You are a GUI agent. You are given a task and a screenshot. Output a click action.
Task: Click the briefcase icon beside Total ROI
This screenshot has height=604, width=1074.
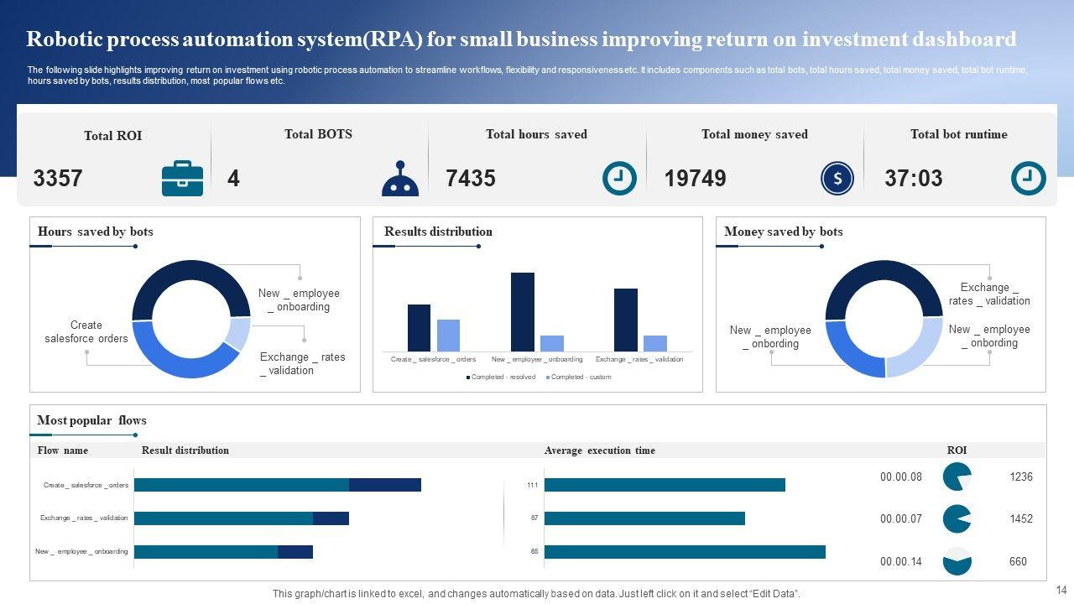[182, 179]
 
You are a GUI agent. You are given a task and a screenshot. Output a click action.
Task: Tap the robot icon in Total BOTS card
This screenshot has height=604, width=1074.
[400, 179]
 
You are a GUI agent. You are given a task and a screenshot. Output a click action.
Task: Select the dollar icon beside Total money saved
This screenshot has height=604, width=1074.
[837, 179]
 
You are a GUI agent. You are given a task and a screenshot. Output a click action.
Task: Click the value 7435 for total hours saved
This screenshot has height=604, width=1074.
[471, 179]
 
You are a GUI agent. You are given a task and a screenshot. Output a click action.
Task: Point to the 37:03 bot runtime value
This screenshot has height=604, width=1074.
[913, 179]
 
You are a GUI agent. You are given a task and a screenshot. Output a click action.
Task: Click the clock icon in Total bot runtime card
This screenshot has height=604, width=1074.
[1028, 179]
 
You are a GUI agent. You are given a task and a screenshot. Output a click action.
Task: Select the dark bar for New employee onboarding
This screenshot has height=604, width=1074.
[522, 311]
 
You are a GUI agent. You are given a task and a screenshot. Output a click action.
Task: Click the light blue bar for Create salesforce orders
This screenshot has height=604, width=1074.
[448, 335]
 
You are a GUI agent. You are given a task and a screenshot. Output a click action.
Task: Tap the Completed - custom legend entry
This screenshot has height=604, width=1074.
[580, 377]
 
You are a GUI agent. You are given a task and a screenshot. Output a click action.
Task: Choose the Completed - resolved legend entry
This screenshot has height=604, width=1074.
[502, 377]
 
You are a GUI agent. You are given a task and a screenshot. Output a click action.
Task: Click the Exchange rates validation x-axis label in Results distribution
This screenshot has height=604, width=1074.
[639, 360]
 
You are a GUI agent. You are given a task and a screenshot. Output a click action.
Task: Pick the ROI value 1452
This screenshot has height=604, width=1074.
[1021, 519]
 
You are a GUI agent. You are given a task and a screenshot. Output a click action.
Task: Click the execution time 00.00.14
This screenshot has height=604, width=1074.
[900, 562]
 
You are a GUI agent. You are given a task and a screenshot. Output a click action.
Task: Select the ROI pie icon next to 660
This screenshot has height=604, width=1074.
[957, 561]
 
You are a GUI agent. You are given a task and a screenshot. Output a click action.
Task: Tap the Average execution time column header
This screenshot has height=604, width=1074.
[599, 450]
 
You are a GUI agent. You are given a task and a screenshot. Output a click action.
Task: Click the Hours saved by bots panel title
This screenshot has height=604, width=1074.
[96, 232]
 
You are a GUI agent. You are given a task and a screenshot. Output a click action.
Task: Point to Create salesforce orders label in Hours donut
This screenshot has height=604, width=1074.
[86, 332]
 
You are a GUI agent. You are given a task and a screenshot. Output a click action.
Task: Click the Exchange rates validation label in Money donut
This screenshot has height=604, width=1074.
[989, 294]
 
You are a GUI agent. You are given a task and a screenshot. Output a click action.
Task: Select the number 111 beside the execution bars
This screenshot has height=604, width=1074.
[532, 486]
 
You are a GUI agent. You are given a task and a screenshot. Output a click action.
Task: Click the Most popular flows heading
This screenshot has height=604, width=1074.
[91, 420]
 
